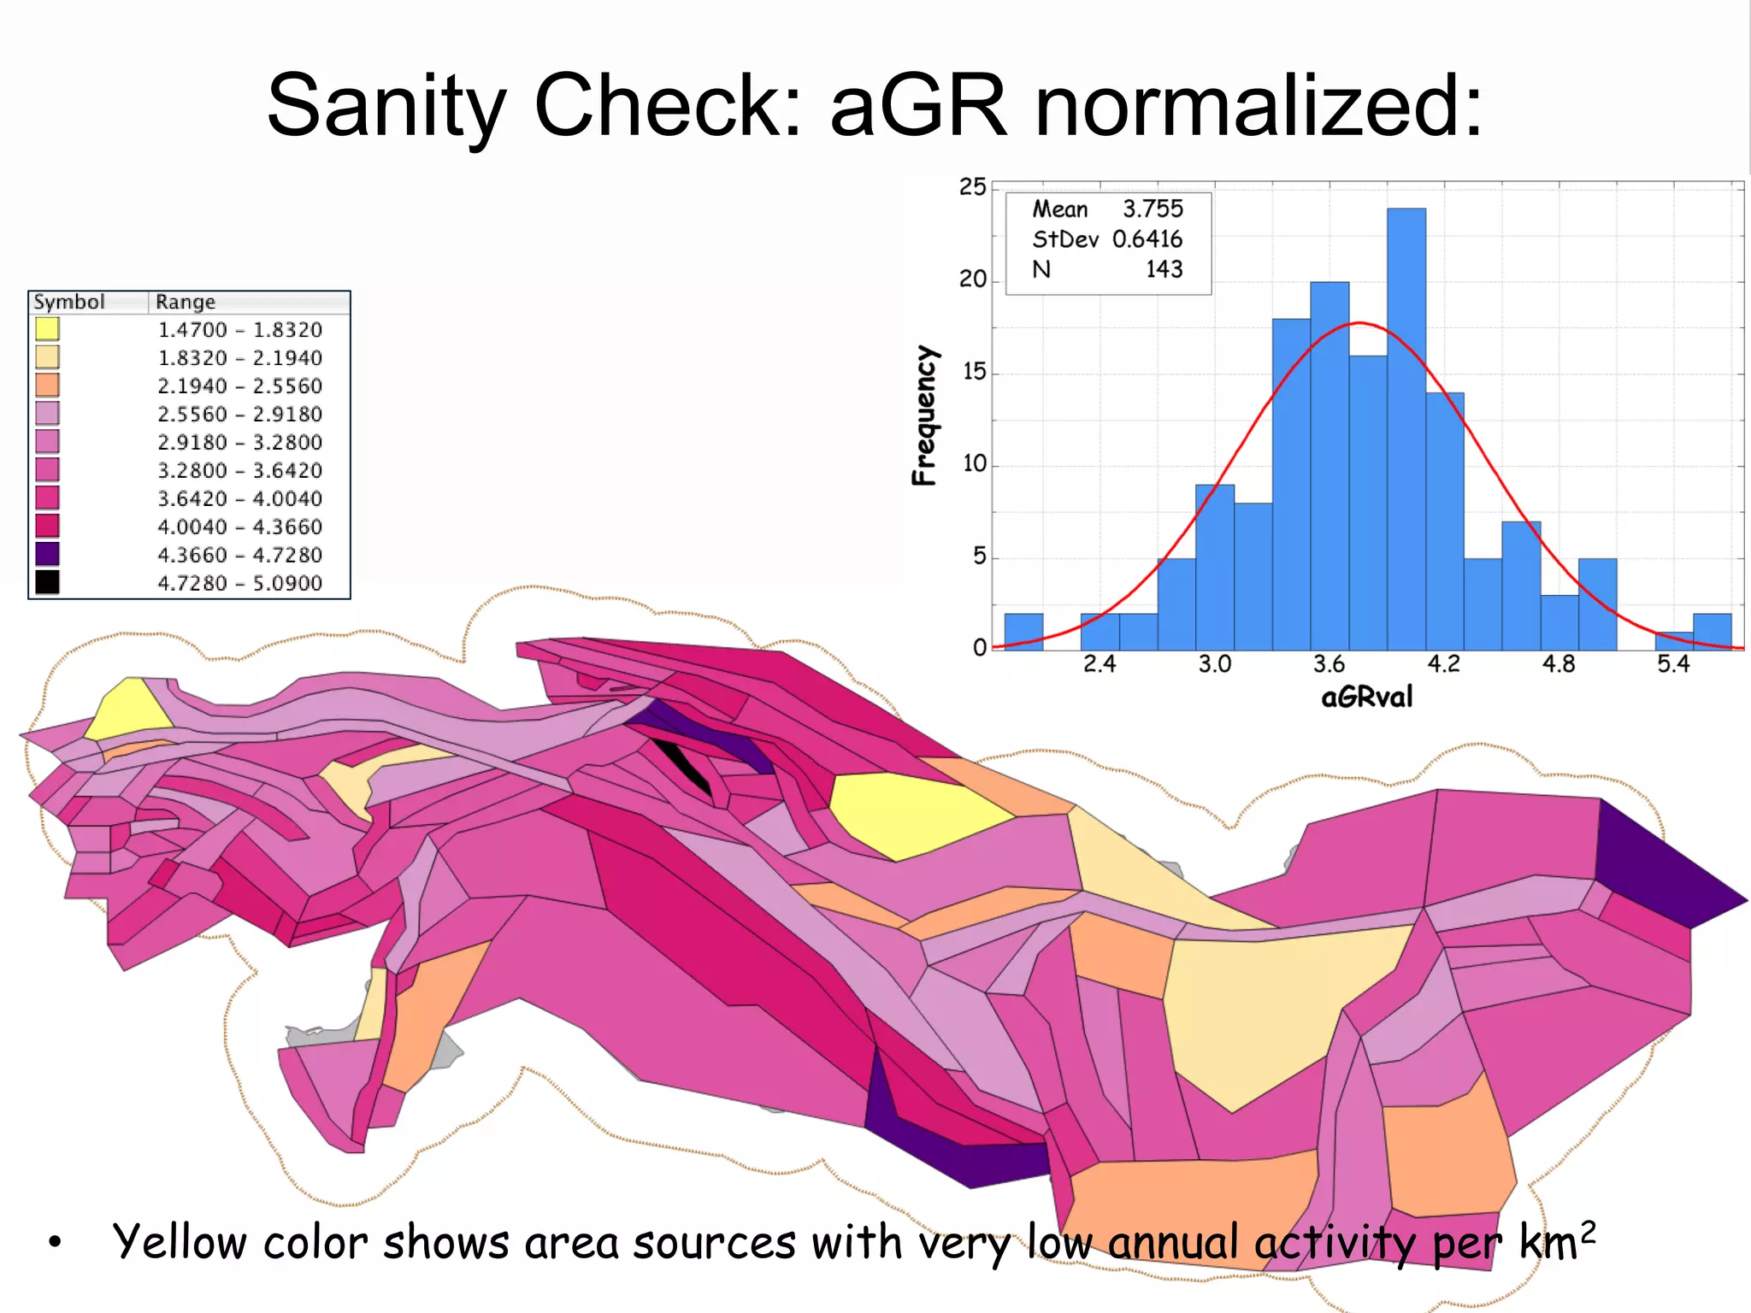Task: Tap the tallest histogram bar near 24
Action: pyautogui.click(x=1406, y=427)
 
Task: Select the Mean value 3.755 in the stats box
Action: pyautogui.click(x=1153, y=209)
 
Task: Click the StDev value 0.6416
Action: pyautogui.click(x=1147, y=239)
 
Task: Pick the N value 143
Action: pyautogui.click(x=1164, y=269)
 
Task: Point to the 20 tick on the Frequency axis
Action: pyautogui.click(x=973, y=280)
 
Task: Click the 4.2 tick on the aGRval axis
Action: pyautogui.click(x=1444, y=664)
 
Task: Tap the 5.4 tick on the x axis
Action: pyautogui.click(x=1673, y=664)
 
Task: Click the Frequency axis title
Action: pyautogui.click(x=924, y=415)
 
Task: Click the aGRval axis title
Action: pyautogui.click(x=1367, y=698)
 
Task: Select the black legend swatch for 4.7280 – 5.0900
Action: pyautogui.click(x=47, y=582)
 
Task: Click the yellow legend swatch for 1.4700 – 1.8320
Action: pyautogui.click(x=47, y=329)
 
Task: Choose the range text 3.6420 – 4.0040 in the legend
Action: pyautogui.click(x=239, y=498)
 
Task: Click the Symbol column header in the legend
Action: pyautogui.click(x=69, y=302)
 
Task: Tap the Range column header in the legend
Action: pyautogui.click(x=186, y=302)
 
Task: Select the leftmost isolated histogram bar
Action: pyautogui.click(x=1023, y=632)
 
